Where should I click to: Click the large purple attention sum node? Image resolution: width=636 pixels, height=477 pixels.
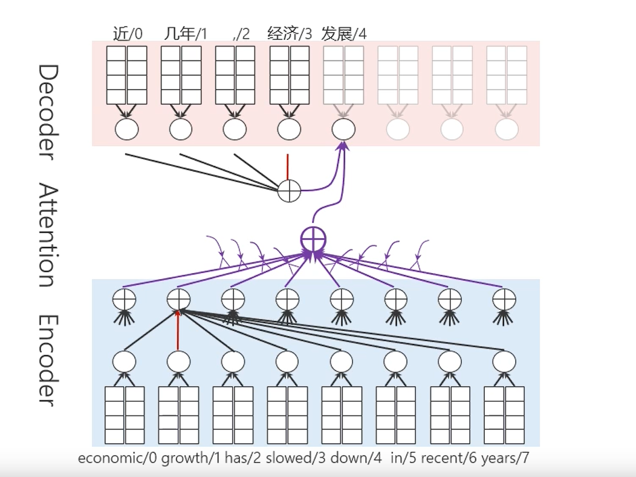click(x=313, y=240)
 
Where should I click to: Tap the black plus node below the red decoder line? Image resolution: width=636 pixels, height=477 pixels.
click(x=289, y=191)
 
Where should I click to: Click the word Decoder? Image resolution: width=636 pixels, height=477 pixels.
click(x=47, y=113)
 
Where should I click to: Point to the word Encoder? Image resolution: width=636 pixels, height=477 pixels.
click(x=47, y=360)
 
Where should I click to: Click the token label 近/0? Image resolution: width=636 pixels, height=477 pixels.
click(x=128, y=33)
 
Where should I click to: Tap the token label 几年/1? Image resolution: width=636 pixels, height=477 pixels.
click(x=184, y=33)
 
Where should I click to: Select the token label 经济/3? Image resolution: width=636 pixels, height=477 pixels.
click(x=290, y=33)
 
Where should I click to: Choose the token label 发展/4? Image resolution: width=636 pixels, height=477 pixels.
click(x=343, y=33)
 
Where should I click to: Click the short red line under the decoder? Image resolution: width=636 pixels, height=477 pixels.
click(x=288, y=167)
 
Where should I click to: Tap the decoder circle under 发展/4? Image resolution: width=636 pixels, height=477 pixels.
click(x=343, y=129)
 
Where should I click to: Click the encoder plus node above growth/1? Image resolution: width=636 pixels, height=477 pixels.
click(x=178, y=298)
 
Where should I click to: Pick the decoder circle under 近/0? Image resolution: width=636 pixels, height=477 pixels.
click(x=126, y=129)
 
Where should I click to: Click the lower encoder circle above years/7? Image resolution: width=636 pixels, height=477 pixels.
click(x=504, y=362)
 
